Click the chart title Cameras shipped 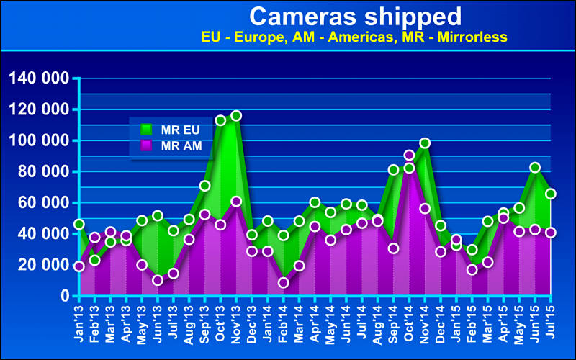click(x=356, y=15)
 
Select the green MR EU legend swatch click(x=146, y=130)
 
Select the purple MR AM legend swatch click(x=146, y=145)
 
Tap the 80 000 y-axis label click(x=43, y=171)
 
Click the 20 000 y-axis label click(x=43, y=264)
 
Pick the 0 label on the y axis click(x=65, y=295)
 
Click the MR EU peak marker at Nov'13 click(x=236, y=115)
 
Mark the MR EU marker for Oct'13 click(x=220, y=120)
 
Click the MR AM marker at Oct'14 click(x=409, y=155)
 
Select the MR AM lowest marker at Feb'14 click(x=284, y=282)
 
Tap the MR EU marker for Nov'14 click(x=425, y=143)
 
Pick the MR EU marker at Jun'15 click(x=535, y=167)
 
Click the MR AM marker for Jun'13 click(x=158, y=280)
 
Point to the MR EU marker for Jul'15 click(x=551, y=194)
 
